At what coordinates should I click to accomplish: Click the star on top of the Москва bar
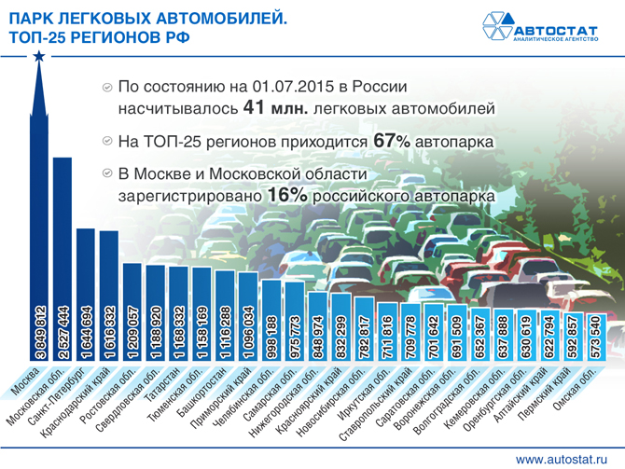click(39, 57)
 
